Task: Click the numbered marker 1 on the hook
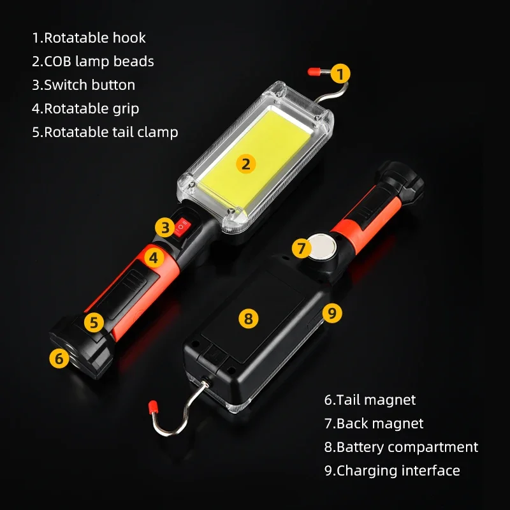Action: point(342,73)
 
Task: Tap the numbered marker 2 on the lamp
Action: point(246,164)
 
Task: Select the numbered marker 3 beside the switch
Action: point(164,226)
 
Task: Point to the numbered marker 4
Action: point(153,258)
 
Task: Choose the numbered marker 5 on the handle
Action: point(94,322)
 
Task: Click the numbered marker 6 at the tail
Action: point(59,358)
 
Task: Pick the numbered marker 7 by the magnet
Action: point(302,248)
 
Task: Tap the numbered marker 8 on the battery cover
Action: point(249,317)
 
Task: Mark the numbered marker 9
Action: point(331,312)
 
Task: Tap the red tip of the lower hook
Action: point(153,405)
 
